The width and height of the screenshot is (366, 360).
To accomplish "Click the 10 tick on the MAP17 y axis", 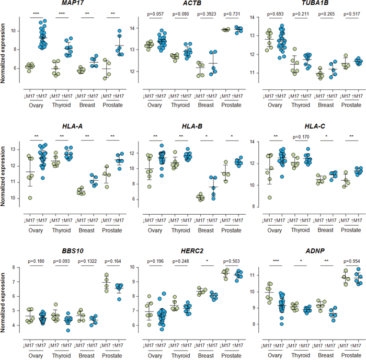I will click(x=17, y=31).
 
